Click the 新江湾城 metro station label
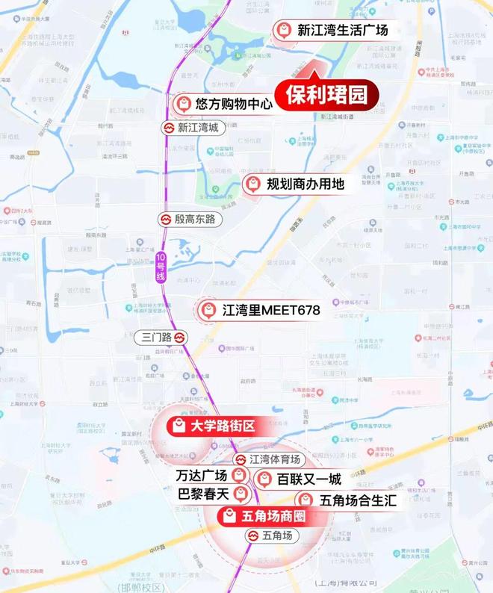tap(197, 128)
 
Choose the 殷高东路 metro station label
tap(194, 220)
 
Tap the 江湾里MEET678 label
tap(265, 308)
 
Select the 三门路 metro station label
tap(158, 338)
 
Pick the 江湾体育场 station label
tap(274, 459)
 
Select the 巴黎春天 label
tap(201, 494)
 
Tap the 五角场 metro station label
tap(280, 535)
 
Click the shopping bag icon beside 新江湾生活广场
tap(283, 31)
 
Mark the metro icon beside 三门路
tap(179, 338)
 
